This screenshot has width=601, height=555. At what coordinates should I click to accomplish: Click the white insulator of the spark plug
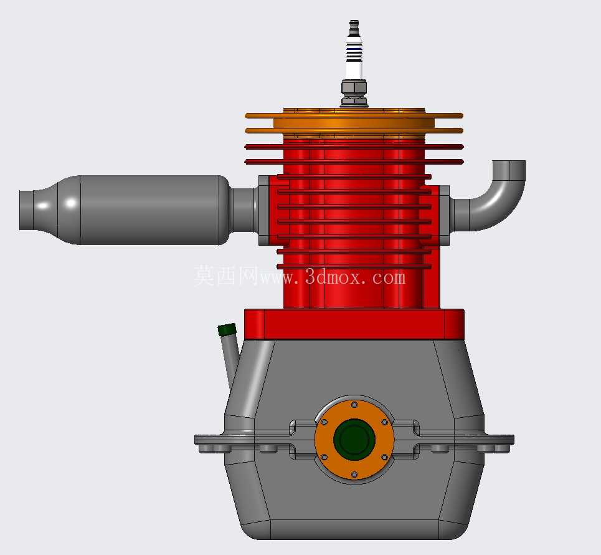coord(354,57)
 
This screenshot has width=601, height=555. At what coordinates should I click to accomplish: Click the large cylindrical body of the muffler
coord(149,210)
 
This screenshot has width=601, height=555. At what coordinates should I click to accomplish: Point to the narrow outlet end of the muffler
coord(26,210)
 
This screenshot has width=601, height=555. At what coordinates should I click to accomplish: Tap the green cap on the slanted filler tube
coord(227,329)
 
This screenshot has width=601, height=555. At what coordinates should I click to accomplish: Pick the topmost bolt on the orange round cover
coord(354,405)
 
